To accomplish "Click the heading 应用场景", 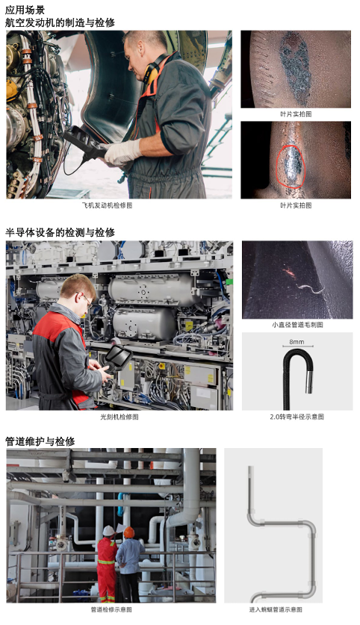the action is pos(25,10).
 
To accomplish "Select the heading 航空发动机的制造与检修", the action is pos(60,22).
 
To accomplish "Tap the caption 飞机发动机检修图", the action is pos(107,205).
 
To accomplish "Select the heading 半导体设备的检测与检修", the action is pos(60,232).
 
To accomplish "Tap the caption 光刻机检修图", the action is pos(120,417).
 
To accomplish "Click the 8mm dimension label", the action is pos(297,341).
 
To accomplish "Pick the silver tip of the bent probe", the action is pos(309,382).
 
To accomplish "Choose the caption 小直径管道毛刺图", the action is pos(297,325).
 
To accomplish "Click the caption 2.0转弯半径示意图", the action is pos(297,417).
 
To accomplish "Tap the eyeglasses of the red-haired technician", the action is pos(86,299).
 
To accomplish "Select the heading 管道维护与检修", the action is pos(40,441).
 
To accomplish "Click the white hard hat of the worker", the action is pos(108,530).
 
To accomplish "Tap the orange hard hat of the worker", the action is pos(129,532).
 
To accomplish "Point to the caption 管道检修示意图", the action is pos(111,609).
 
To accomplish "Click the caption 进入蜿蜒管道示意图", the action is pos(276,609).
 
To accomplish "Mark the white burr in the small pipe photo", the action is pos(310,287).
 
